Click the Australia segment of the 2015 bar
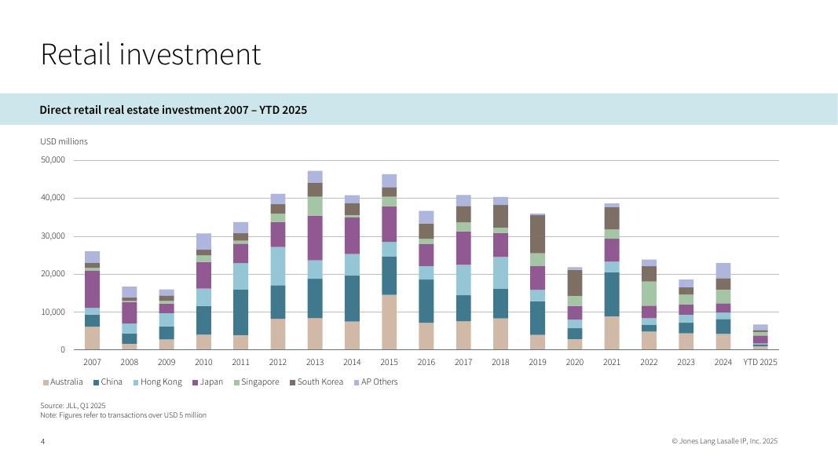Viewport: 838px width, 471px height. coord(390,322)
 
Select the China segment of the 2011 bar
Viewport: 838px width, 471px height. coord(240,312)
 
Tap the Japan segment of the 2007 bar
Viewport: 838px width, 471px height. coord(93,289)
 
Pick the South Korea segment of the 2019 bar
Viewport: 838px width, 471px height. coord(537,234)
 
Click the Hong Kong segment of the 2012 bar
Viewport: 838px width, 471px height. coord(278,266)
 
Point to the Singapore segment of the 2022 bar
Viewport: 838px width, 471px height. coord(649,294)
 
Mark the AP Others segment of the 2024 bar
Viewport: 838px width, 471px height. coord(723,271)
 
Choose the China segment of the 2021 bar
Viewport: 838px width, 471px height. coord(612,294)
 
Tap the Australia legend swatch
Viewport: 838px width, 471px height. coord(46,382)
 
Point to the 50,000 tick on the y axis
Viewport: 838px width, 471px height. coord(53,160)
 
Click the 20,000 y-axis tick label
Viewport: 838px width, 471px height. coord(53,274)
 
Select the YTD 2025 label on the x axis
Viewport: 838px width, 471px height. coord(760,363)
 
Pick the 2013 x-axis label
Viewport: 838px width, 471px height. coord(315,363)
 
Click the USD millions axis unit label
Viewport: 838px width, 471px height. coord(64,141)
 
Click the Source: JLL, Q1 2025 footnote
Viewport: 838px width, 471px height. coord(72,405)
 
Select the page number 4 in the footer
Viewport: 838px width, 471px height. coord(42,442)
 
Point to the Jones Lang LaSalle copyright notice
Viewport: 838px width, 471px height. coord(724,442)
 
